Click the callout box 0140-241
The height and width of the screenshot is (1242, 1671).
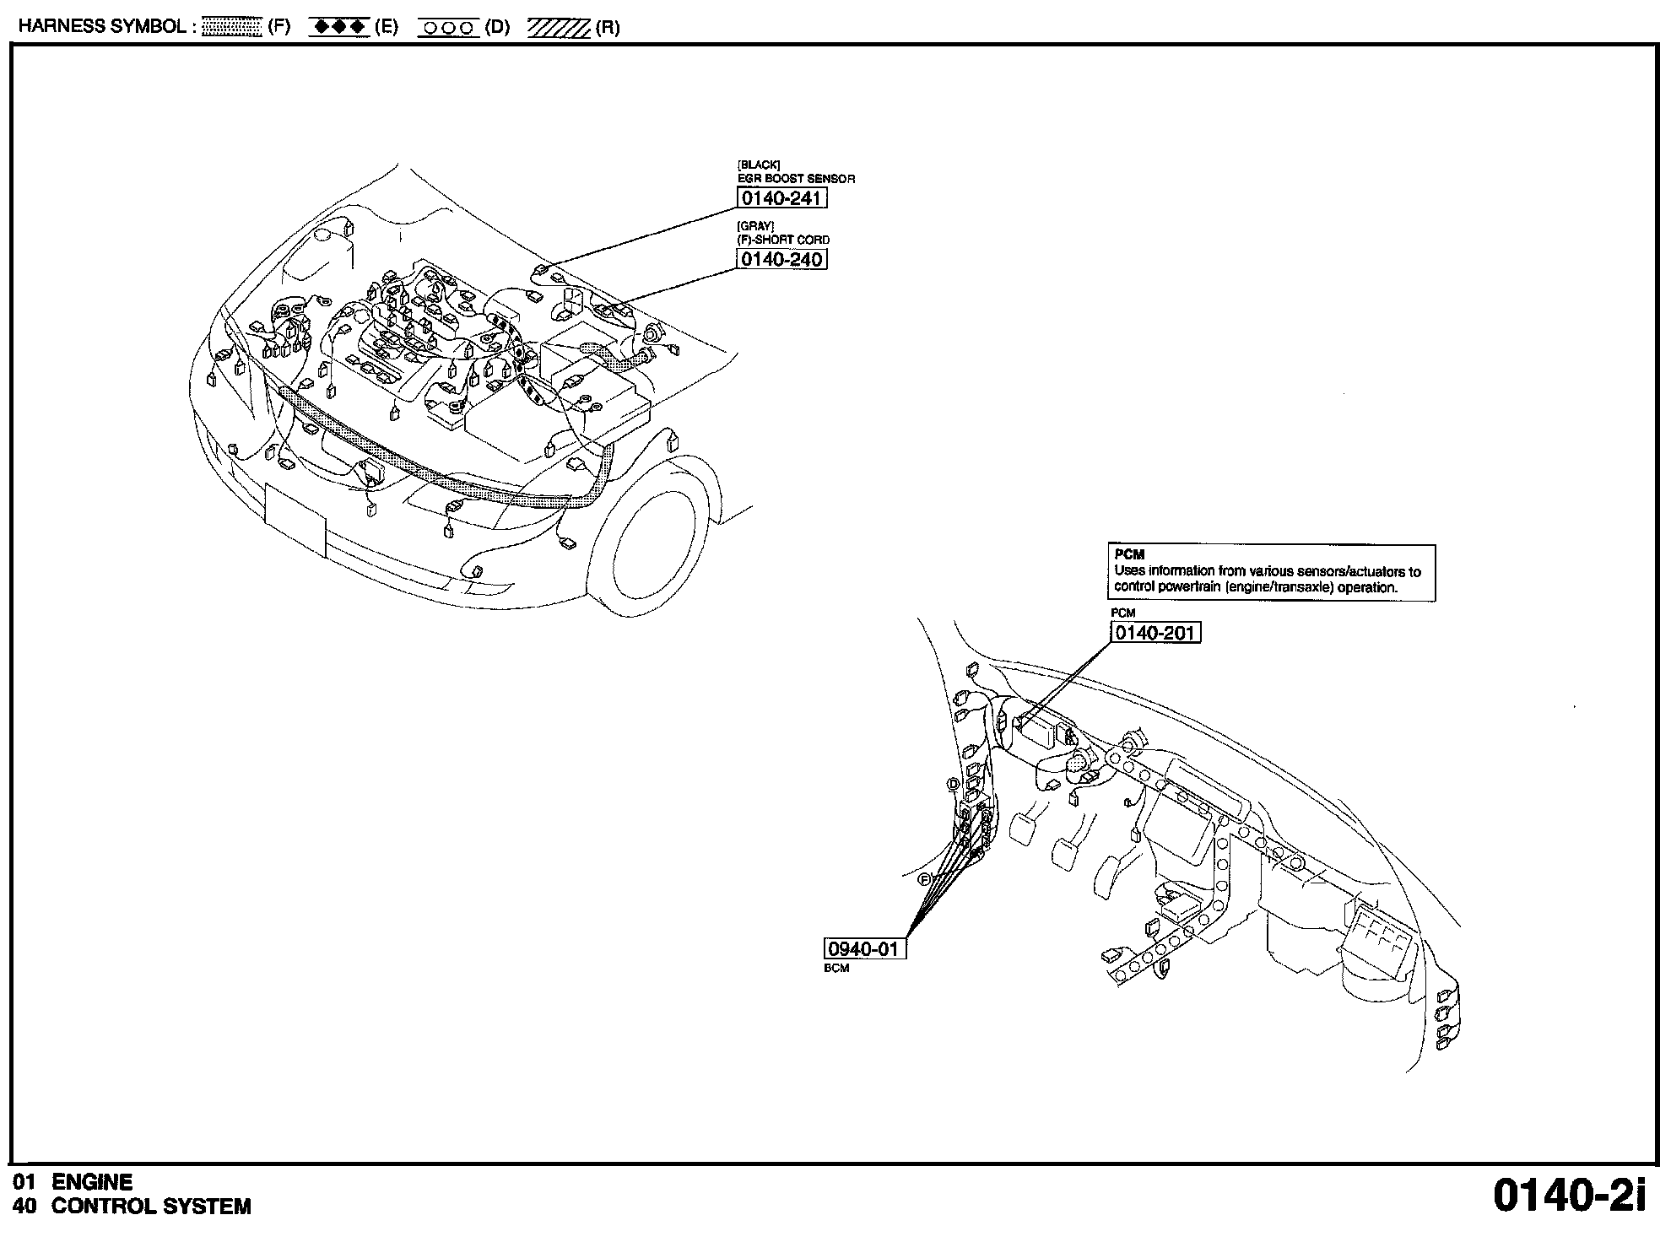[781, 197]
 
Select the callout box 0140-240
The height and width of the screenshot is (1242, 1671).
[781, 259]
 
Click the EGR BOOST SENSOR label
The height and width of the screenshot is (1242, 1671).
[796, 179]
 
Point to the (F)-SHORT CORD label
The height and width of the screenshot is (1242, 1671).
[783, 240]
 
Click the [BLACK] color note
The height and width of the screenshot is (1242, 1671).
[759, 165]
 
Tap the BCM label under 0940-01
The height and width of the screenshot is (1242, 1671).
[836, 969]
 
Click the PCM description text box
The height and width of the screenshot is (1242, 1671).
[1270, 573]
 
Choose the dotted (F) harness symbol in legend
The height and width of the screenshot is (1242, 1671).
[233, 27]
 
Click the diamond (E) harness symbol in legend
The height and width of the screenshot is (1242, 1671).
[339, 27]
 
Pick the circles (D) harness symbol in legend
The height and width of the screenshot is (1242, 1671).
[448, 27]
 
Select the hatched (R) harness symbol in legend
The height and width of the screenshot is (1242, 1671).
[558, 27]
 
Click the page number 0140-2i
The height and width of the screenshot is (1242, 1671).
[1569, 1196]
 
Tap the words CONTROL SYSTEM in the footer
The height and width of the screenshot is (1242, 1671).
[151, 1207]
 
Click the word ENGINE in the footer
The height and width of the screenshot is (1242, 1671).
[92, 1182]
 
